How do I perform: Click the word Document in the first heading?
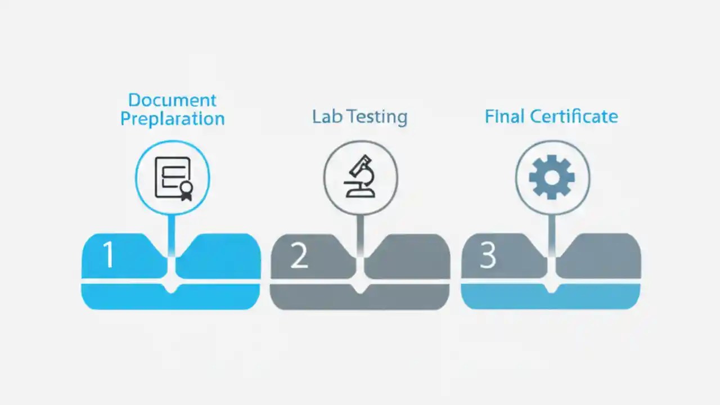click(172, 100)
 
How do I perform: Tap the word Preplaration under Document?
click(172, 119)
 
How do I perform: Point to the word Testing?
click(376, 117)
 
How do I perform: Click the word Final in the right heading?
click(505, 116)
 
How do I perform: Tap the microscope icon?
click(360, 177)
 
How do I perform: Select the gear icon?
click(552, 178)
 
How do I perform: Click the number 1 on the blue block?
click(109, 255)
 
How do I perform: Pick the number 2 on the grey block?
click(299, 256)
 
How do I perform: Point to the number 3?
click(488, 256)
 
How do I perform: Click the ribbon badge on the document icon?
click(186, 191)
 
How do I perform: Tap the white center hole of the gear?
click(552, 178)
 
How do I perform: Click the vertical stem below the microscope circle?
click(360, 233)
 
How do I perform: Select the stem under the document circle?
click(172, 233)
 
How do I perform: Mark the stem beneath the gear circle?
click(552, 233)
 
